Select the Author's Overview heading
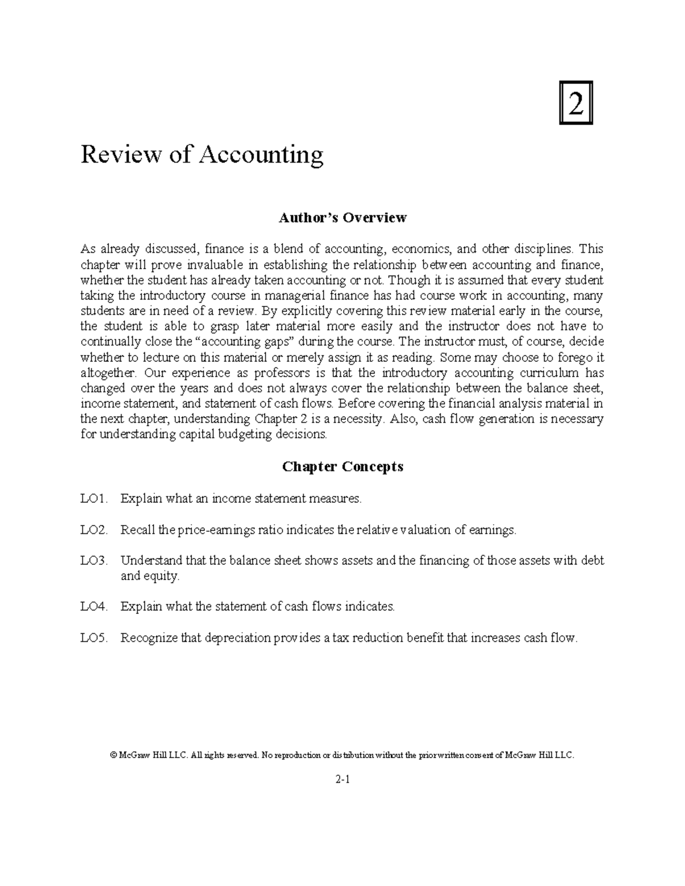click(342, 217)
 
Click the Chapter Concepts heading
click(342, 467)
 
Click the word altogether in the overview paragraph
click(108, 373)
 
